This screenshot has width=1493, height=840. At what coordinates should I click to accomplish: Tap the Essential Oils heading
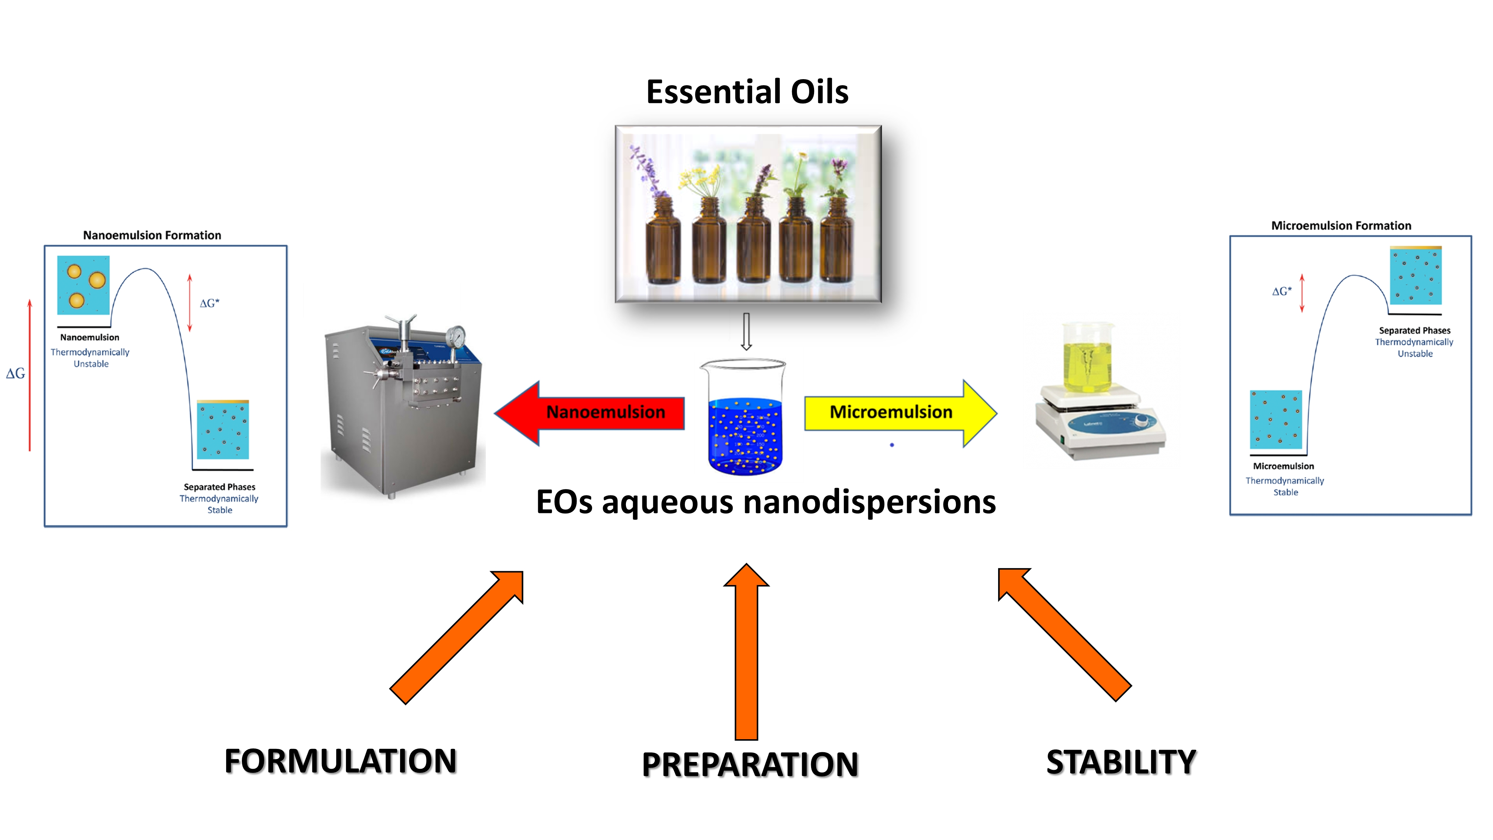[747, 91]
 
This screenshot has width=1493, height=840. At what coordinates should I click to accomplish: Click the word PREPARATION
[749, 764]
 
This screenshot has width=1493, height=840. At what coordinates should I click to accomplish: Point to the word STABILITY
[1121, 762]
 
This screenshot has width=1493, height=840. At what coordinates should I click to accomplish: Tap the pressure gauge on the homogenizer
[456, 336]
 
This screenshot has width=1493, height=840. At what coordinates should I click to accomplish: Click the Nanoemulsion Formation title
[152, 235]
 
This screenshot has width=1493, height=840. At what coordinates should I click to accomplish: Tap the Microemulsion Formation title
[1341, 225]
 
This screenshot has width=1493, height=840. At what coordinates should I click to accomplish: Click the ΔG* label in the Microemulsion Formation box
[1281, 291]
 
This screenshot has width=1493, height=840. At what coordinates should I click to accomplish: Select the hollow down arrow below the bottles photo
[746, 332]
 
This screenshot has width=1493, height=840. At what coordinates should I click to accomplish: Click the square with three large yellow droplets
[84, 284]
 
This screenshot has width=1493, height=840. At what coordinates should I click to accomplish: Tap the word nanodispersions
[869, 502]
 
